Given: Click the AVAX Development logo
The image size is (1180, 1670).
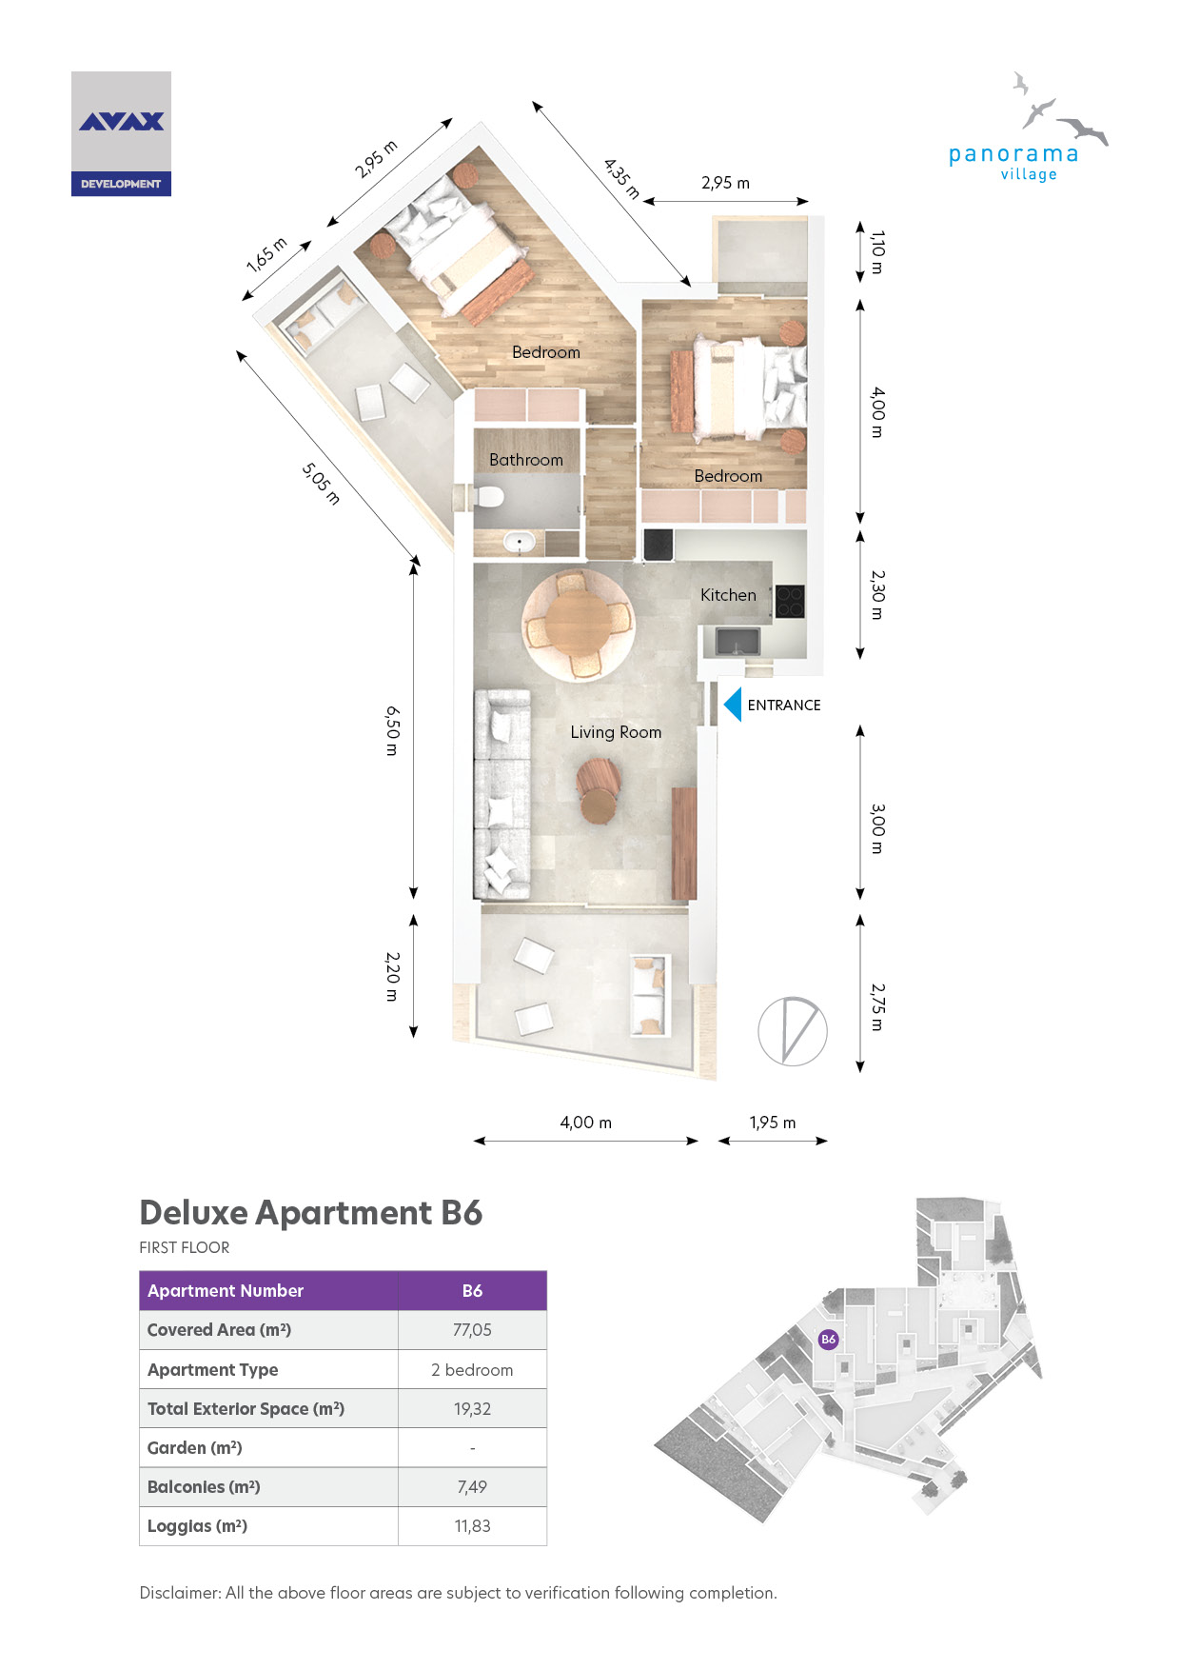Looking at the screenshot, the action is [x=121, y=134].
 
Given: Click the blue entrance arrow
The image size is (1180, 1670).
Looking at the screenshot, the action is [x=733, y=705].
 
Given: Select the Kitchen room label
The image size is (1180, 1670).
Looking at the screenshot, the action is [x=728, y=595].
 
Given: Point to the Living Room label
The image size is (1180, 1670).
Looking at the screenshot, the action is [x=616, y=732].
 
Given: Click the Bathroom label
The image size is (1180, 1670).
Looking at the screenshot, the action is [x=526, y=460].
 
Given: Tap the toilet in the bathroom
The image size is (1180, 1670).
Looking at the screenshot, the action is [x=488, y=497].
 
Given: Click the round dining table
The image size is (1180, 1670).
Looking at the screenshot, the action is [x=578, y=624].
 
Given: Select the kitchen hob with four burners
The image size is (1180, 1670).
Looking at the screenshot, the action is [x=790, y=601].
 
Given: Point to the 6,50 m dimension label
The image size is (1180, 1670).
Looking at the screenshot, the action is [x=392, y=730].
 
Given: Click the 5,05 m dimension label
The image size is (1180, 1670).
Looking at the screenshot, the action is [x=321, y=484].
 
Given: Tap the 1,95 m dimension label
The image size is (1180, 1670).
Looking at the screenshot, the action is [x=773, y=1123].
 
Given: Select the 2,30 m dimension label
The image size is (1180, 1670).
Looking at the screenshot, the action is [x=877, y=595].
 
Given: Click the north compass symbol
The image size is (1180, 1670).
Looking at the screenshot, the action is [x=793, y=1031].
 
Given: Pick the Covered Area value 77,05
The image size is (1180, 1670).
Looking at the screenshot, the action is [x=472, y=1330].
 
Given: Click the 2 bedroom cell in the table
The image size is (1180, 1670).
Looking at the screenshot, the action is [x=472, y=1370].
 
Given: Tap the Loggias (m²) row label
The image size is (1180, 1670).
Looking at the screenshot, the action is [x=197, y=1526].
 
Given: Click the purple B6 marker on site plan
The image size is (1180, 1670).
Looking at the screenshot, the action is [x=828, y=1339].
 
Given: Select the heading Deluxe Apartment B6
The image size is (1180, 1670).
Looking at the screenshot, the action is [x=311, y=1213].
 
